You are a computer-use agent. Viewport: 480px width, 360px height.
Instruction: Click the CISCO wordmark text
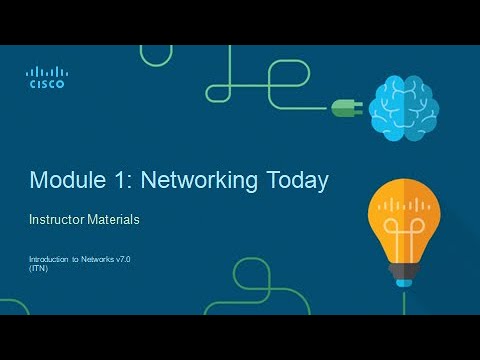point(46,85)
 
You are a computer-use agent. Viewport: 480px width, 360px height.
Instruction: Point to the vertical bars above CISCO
point(46,72)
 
